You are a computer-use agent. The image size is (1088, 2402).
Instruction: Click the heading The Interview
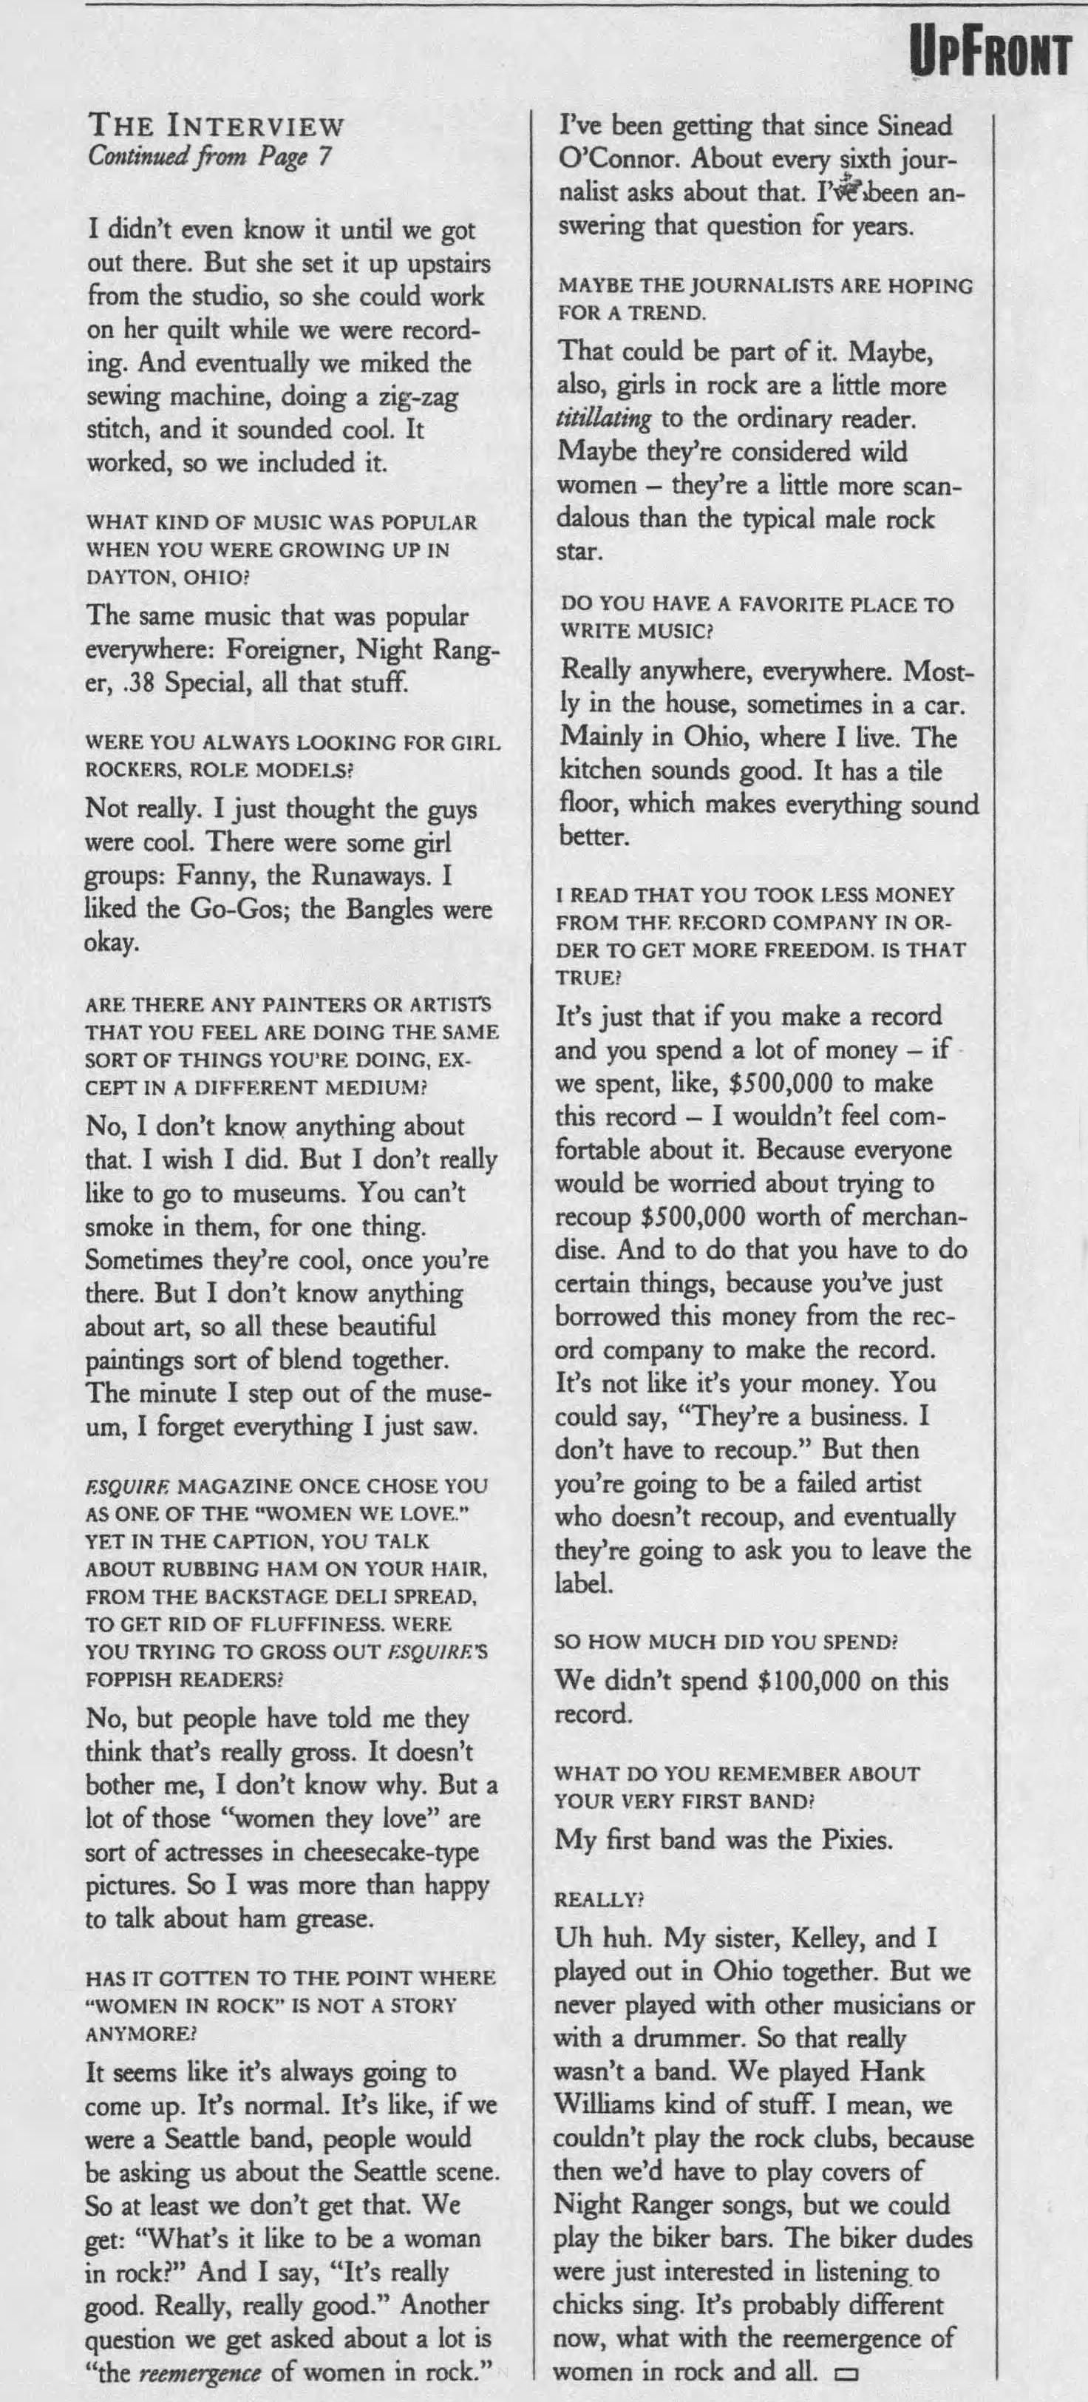[217, 126]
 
